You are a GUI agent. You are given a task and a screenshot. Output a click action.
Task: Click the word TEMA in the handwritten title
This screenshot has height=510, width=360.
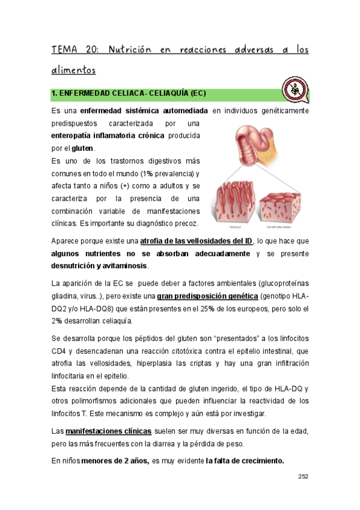[64, 50]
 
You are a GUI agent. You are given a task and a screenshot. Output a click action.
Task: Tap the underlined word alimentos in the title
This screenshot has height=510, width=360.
[73, 70]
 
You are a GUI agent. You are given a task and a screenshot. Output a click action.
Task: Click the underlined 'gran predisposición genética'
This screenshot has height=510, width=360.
[208, 296]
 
